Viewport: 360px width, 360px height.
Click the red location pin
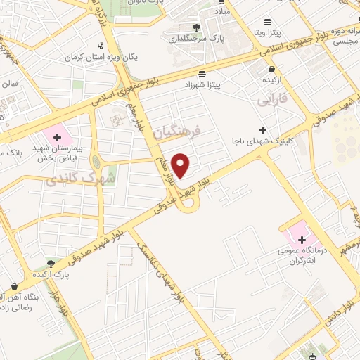tap(181, 165)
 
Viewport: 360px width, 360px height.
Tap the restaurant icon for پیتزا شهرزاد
tap(202, 74)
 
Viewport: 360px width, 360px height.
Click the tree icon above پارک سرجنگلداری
tap(196, 27)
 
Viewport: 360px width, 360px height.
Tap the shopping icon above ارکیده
tap(272, 69)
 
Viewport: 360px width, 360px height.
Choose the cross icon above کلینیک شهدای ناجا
tap(262, 130)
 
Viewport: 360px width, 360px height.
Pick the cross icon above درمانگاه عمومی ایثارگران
tap(302, 240)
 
